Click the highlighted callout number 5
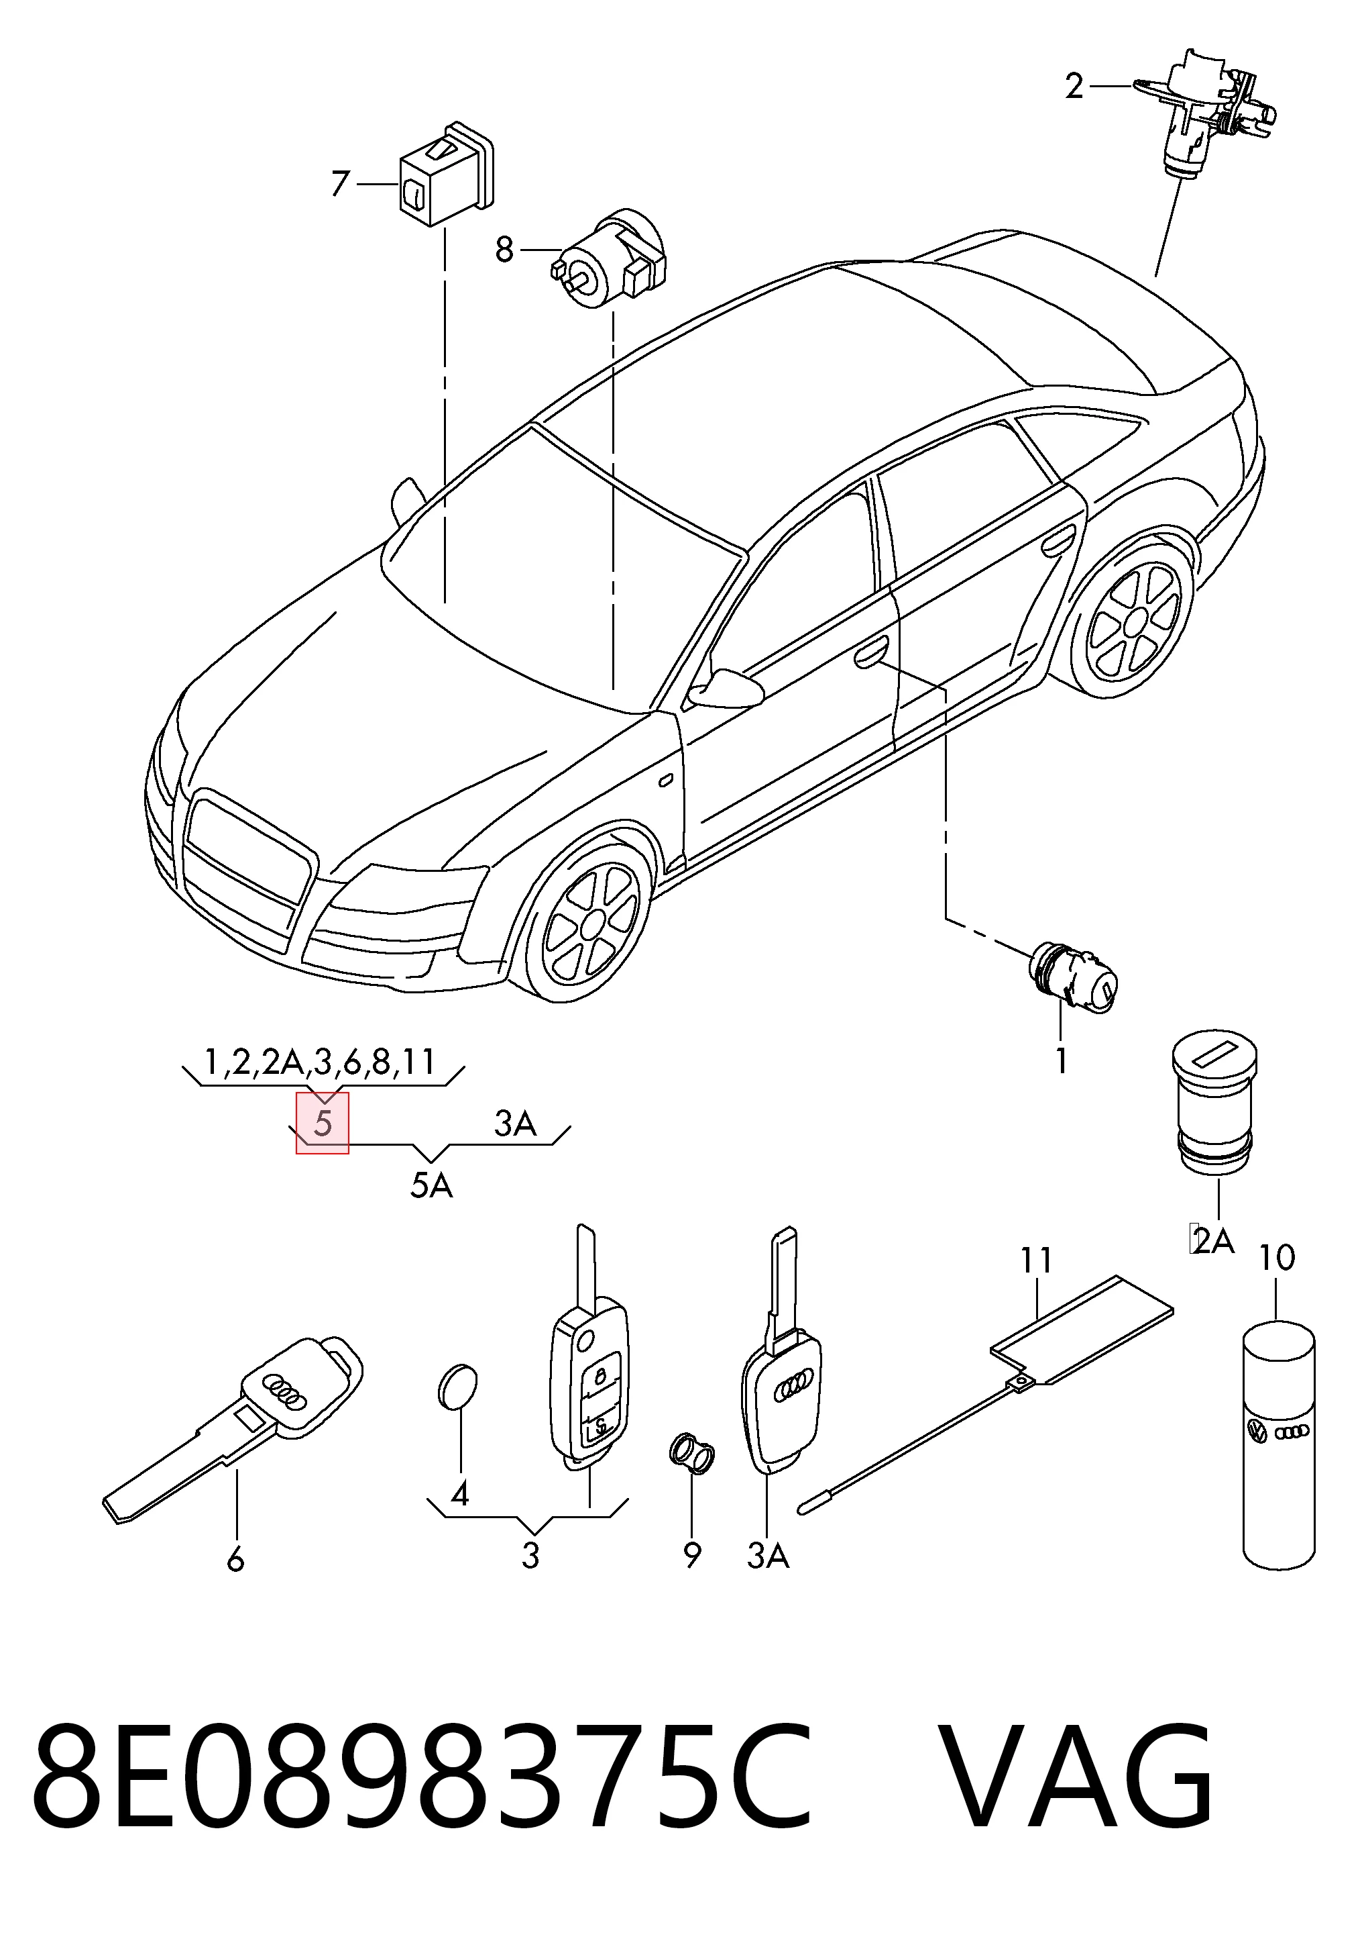click(323, 1124)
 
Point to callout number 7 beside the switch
click(340, 183)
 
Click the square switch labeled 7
click(447, 174)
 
